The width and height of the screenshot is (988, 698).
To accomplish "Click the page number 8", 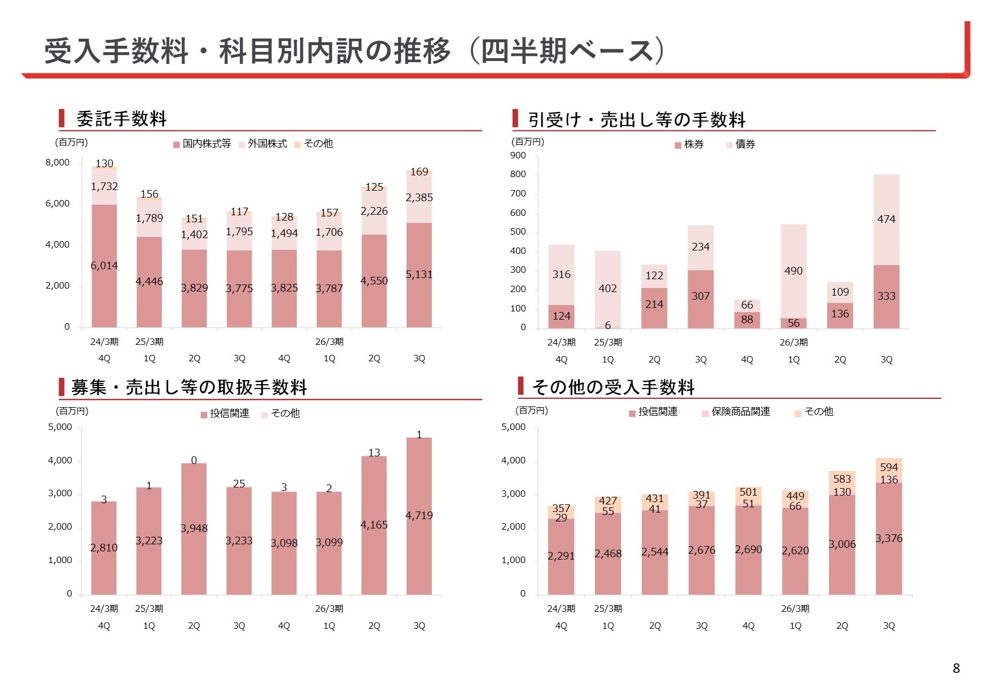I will pos(956,668).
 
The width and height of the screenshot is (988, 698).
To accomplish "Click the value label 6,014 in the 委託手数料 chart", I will pos(104,266).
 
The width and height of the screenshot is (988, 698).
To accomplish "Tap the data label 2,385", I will pos(419,198).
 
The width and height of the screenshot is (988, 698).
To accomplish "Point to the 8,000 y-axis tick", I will pos(57,162).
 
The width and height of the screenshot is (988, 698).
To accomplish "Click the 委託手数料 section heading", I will pos(121,118).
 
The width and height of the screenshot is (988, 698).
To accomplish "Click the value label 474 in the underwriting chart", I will pos(886,219).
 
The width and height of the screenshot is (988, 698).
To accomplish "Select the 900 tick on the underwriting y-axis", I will pos(518,155).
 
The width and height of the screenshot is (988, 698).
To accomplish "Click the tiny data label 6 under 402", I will pos(608,326).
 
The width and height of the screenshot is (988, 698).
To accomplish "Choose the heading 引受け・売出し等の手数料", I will pos(637,120).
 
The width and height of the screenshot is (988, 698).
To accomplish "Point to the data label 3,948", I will pos(194,528).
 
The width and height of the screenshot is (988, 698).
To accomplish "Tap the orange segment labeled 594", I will pos(889,467).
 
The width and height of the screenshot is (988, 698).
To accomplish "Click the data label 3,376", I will pos(889,538).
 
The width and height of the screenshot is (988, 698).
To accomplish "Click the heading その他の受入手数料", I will pos(613,387).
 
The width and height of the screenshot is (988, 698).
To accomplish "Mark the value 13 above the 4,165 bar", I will pos(374,452).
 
